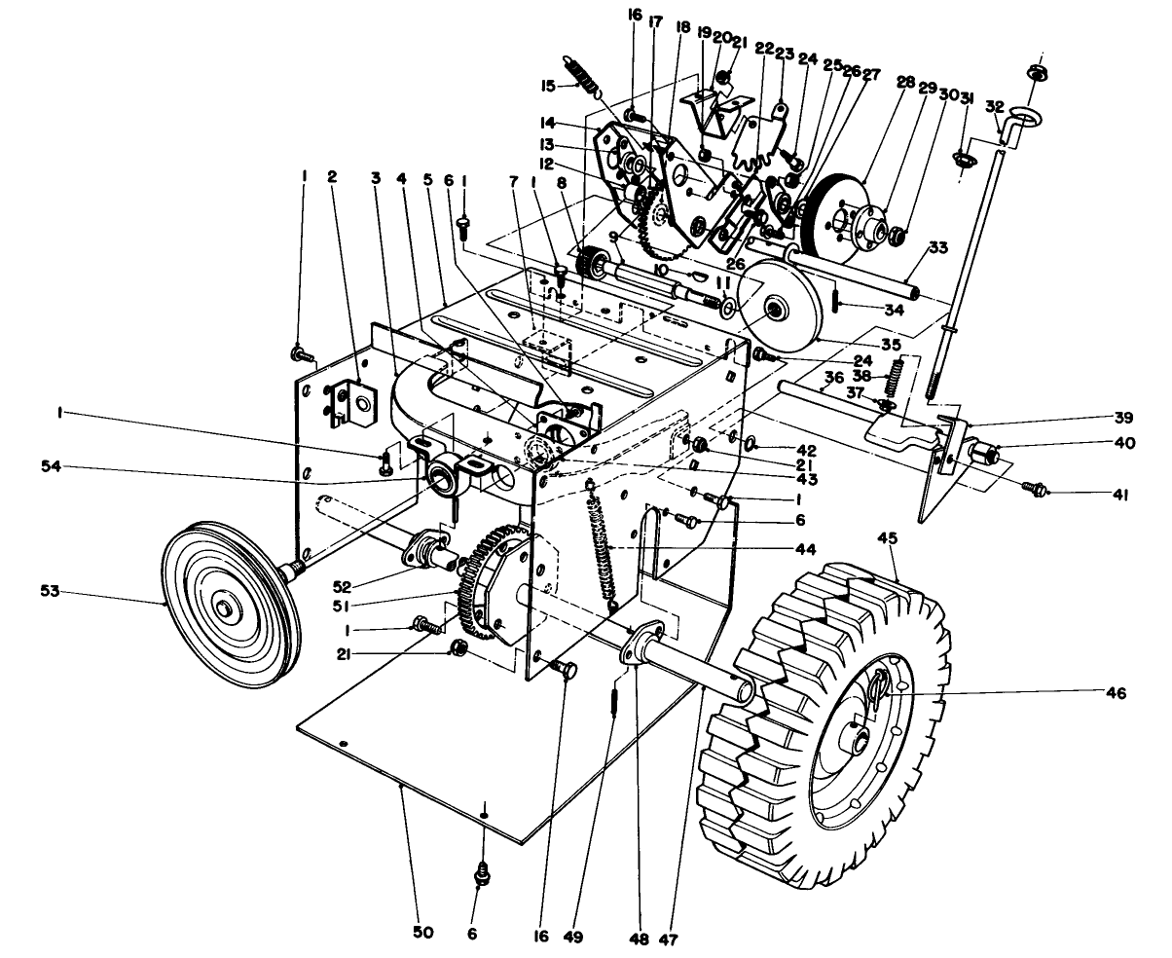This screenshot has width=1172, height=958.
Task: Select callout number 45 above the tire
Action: [887, 536]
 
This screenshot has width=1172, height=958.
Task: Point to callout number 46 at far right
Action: [1116, 693]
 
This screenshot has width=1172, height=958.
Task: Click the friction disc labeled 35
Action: [776, 311]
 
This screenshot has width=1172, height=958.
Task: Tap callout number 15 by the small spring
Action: [548, 86]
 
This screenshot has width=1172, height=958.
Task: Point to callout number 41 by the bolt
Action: [1121, 495]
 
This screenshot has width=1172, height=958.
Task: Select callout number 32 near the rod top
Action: [994, 105]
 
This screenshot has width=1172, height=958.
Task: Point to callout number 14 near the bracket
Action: [548, 124]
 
